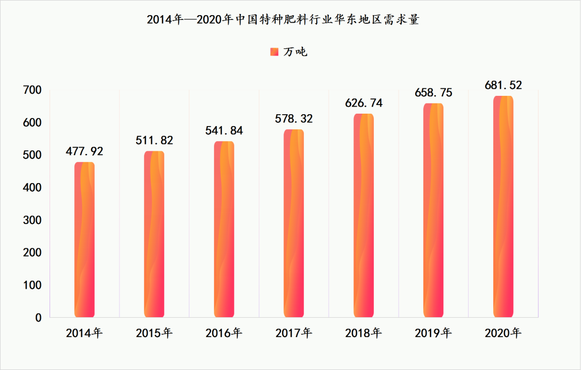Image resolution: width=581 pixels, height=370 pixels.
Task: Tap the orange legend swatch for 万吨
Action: click(x=273, y=52)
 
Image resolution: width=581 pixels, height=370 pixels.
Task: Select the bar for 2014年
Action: click(x=84, y=240)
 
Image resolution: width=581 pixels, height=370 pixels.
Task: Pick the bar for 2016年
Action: click(x=224, y=229)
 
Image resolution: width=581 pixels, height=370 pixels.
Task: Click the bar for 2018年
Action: click(x=364, y=215)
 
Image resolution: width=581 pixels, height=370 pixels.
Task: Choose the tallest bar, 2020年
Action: click(x=503, y=207)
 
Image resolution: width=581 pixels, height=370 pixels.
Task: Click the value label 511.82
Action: click(x=154, y=140)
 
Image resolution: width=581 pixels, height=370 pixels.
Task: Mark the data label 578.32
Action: click(x=294, y=118)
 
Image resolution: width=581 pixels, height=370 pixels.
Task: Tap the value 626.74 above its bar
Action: click(x=364, y=103)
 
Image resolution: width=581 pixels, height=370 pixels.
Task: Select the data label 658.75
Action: click(x=434, y=93)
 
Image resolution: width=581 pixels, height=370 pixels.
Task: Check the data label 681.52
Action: click(x=503, y=85)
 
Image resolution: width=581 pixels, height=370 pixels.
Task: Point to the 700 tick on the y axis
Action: click(x=32, y=90)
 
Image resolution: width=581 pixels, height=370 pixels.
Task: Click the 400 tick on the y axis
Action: click(x=32, y=187)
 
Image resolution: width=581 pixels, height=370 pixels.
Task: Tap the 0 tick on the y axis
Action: click(x=38, y=318)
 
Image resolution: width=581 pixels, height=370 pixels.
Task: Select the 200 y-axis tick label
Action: click(x=32, y=253)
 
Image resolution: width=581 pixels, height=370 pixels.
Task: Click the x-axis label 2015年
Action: click(x=154, y=333)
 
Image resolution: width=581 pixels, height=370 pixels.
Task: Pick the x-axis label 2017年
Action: click(x=294, y=333)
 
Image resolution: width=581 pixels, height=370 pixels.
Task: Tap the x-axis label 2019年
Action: click(x=434, y=333)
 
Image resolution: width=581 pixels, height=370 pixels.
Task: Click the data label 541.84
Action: click(x=224, y=130)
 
